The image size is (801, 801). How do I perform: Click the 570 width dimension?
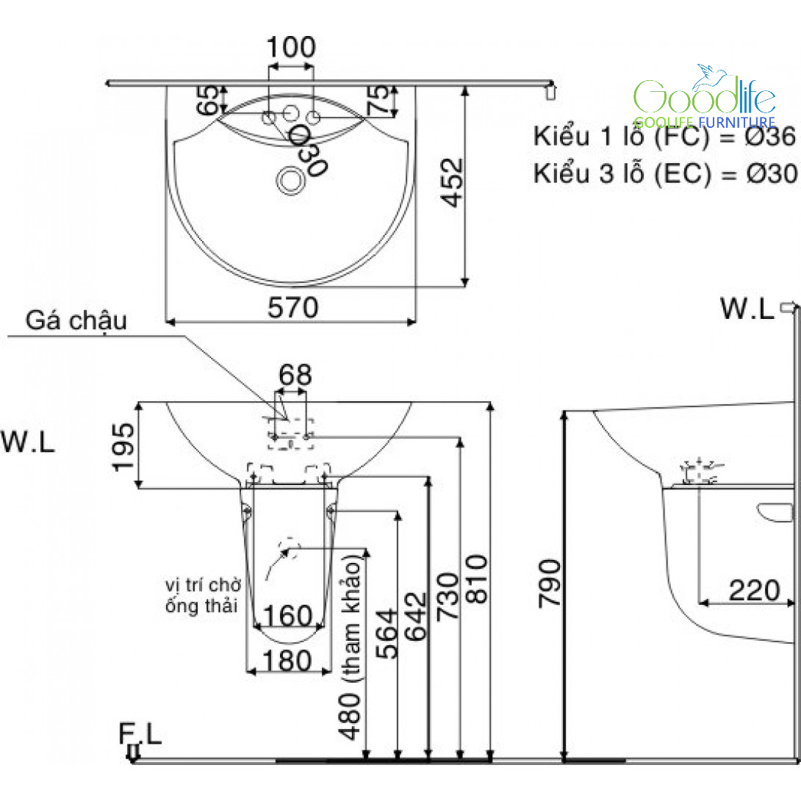tap(292, 307)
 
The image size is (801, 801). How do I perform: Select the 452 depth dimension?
tap(452, 182)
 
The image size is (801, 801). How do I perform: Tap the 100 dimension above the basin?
tap(291, 47)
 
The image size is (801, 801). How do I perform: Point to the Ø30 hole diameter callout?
tap(307, 150)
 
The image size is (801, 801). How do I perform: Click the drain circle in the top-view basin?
tap(291, 180)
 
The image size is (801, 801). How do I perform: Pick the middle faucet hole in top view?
tap(291, 113)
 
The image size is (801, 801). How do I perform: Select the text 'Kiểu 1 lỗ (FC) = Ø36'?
tap(664, 137)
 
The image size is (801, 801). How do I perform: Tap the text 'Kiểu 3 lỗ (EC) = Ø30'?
tap(664, 173)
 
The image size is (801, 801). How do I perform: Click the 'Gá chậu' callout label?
tap(76, 321)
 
